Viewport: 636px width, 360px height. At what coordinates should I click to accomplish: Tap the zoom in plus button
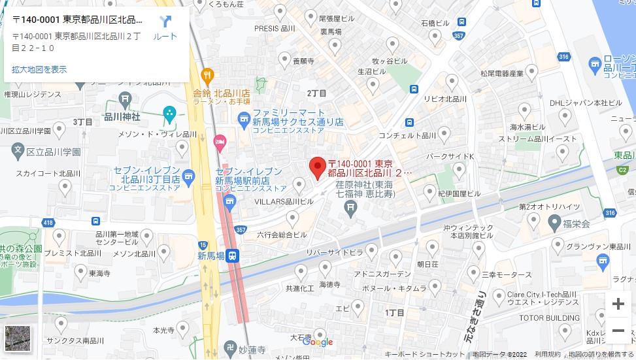click(618, 304)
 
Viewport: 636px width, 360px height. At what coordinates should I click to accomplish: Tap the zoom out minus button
click(618, 331)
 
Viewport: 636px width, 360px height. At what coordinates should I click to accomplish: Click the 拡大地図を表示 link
click(39, 69)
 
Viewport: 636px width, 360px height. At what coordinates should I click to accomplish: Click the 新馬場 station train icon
click(234, 255)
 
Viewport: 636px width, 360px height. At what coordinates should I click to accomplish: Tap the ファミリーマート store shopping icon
click(244, 118)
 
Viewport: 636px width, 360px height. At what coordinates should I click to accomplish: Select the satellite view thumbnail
click(18, 338)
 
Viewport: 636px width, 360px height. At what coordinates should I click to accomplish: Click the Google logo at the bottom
click(318, 342)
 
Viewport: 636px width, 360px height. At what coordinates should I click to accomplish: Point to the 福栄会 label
click(577, 224)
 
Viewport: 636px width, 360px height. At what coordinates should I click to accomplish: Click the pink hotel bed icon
click(220, 140)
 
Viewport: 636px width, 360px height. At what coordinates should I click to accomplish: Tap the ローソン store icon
click(595, 64)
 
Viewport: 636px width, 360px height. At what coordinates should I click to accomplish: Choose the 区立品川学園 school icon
click(18, 152)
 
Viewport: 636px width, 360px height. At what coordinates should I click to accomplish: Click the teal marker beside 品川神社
click(170, 114)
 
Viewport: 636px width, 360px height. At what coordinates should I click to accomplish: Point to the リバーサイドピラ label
click(336, 252)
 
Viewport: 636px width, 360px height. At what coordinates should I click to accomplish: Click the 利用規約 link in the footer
click(547, 354)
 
